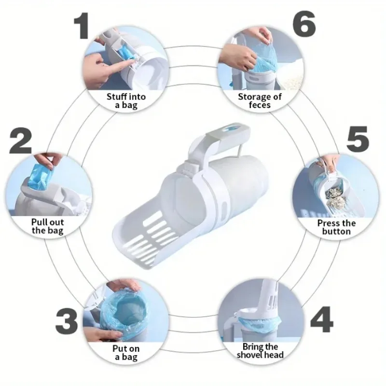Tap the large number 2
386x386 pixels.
pos(21,140)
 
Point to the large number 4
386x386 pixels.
pos(321,319)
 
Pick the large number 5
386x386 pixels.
pos(358,139)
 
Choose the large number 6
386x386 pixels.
pos(304,24)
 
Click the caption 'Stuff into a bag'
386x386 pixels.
pos(126,101)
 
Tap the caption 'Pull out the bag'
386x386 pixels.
pos(47,226)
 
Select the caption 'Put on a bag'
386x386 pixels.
pos(126,353)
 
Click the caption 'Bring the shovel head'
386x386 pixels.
pos(260,351)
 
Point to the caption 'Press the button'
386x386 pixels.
pos(336,227)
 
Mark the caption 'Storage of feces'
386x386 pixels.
pos(260,101)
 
